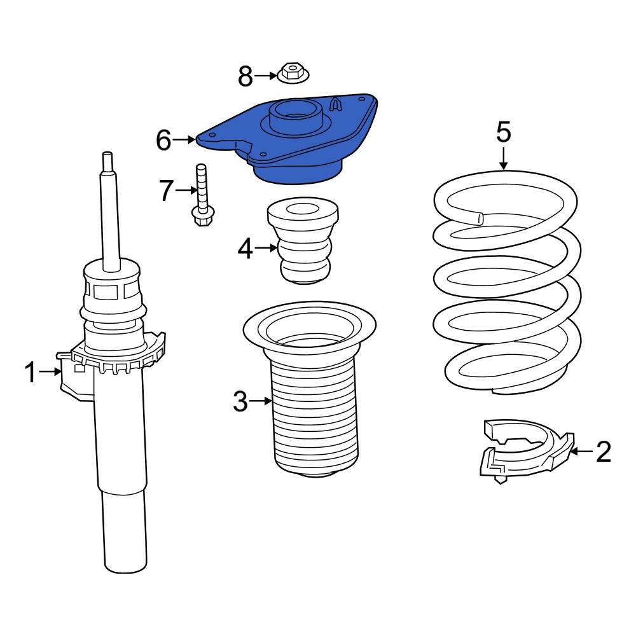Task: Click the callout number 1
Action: click(31, 372)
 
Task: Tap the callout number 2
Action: click(603, 452)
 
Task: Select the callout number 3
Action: click(240, 401)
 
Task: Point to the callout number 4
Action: click(245, 250)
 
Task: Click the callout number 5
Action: click(503, 132)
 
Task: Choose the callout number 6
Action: click(163, 139)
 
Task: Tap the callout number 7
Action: click(166, 190)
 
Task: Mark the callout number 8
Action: click(245, 77)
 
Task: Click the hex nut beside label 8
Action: click(293, 73)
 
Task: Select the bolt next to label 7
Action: click(200, 194)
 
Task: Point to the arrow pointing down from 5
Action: click(503, 158)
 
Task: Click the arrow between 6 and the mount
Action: click(184, 139)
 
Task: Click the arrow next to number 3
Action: click(261, 401)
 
